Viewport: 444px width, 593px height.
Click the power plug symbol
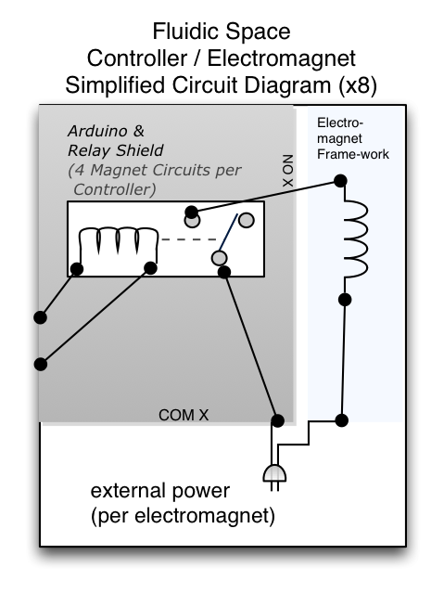274,477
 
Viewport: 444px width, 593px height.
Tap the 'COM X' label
184,415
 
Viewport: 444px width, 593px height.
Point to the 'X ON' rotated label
288,171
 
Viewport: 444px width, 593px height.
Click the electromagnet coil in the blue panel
356,238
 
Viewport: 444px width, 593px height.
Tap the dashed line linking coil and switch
189,239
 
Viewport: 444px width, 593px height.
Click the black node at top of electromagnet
340,181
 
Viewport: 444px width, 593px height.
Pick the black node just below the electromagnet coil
345,300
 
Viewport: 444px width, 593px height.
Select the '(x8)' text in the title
357,85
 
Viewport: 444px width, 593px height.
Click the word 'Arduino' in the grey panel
93,131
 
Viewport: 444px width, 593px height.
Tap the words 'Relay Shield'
116,150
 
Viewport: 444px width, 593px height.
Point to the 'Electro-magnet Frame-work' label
353,138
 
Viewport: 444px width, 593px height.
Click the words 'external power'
160,491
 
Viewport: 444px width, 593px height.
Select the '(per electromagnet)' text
183,516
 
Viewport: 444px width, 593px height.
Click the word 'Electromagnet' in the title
282,58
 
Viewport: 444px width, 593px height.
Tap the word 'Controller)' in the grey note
115,189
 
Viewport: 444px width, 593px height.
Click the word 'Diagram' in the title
289,85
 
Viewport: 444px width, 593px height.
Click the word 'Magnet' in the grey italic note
121,170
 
